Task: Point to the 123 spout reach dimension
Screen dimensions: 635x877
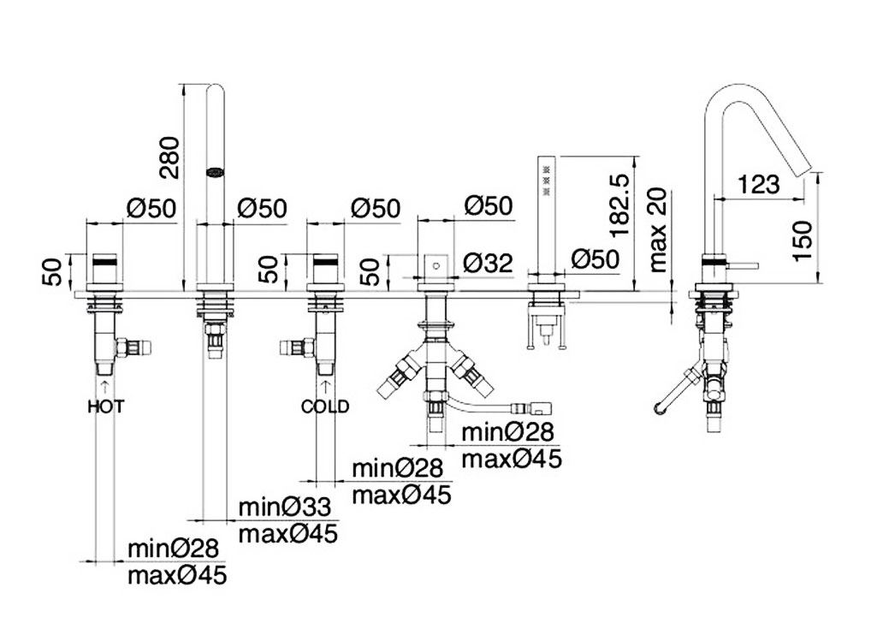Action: [x=756, y=183]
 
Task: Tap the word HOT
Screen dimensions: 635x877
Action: [x=106, y=407]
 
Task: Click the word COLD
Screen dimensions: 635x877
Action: [x=325, y=407]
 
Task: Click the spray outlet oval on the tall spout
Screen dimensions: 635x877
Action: [x=215, y=171]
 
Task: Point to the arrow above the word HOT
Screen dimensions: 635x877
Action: [x=105, y=388]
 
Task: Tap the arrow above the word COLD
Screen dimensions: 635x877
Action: [x=325, y=388]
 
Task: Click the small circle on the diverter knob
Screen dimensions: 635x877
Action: [x=436, y=266]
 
